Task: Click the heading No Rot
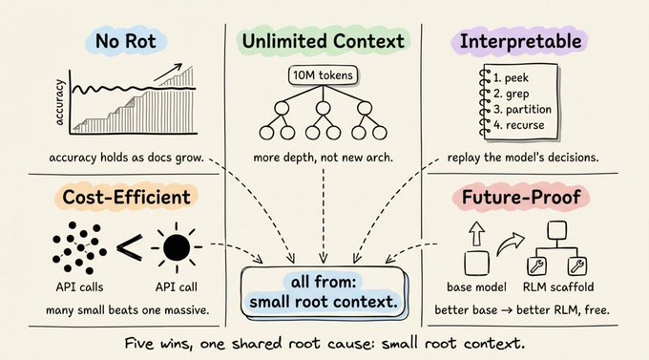126,41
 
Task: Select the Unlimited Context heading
323,41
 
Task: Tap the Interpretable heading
521,41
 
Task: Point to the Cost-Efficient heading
126,197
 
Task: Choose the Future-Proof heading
521,197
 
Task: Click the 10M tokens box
323,75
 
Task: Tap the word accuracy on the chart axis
60,103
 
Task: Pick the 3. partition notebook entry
522,110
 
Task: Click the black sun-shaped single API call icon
177,247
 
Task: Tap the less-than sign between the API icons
130,247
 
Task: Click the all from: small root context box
323,292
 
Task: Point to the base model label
476,287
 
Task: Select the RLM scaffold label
558,287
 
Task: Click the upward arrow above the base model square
476,234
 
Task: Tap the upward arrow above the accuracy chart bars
168,73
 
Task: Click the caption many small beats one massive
128,310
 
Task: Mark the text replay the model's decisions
523,158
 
